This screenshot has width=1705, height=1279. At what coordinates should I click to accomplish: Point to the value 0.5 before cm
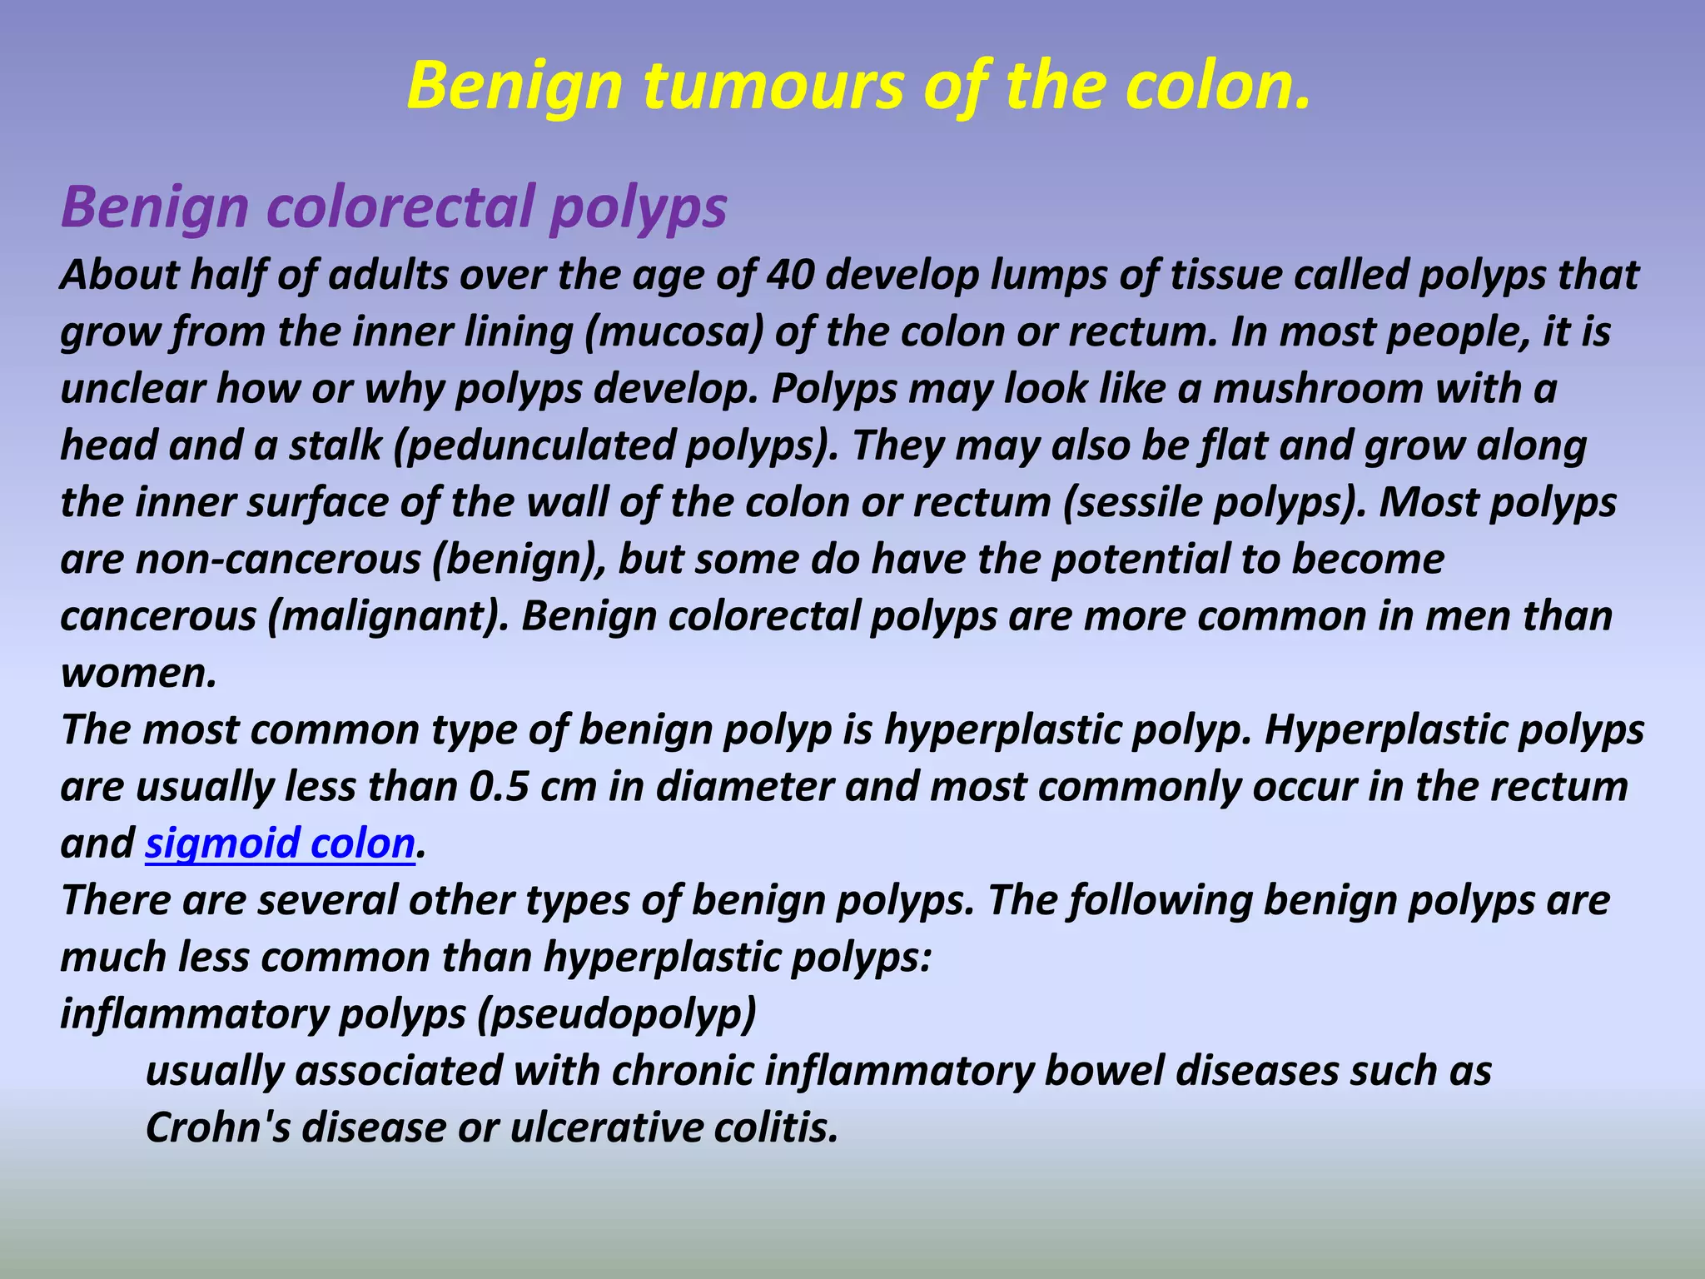(x=500, y=787)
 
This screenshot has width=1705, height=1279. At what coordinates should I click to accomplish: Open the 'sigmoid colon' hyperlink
(x=280, y=844)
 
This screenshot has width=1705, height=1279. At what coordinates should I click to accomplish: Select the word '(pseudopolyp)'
(x=617, y=1014)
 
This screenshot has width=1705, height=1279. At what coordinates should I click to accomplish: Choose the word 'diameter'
(x=744, y=787)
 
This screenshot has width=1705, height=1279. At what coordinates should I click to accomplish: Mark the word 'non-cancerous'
(x=278, y=560)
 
